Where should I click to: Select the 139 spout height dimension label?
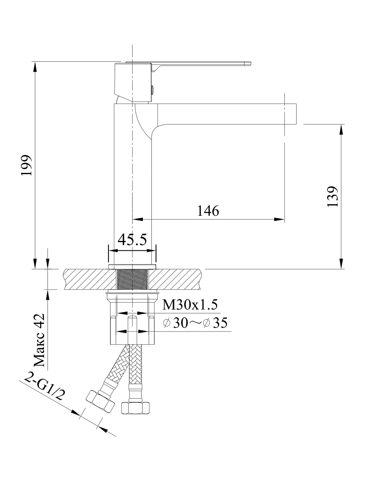click(333, 196)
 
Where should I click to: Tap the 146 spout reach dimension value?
click(208, 211)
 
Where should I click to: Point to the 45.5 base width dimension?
click(132, 240)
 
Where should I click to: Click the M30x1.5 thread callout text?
click(190, 305)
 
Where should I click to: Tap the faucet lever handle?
click(203, 64)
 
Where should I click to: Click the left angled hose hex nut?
click(100, 401)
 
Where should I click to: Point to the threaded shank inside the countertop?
click(132, 279)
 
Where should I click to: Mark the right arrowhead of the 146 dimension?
click(279, 219)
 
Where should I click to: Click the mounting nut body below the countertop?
click(132, 319)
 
